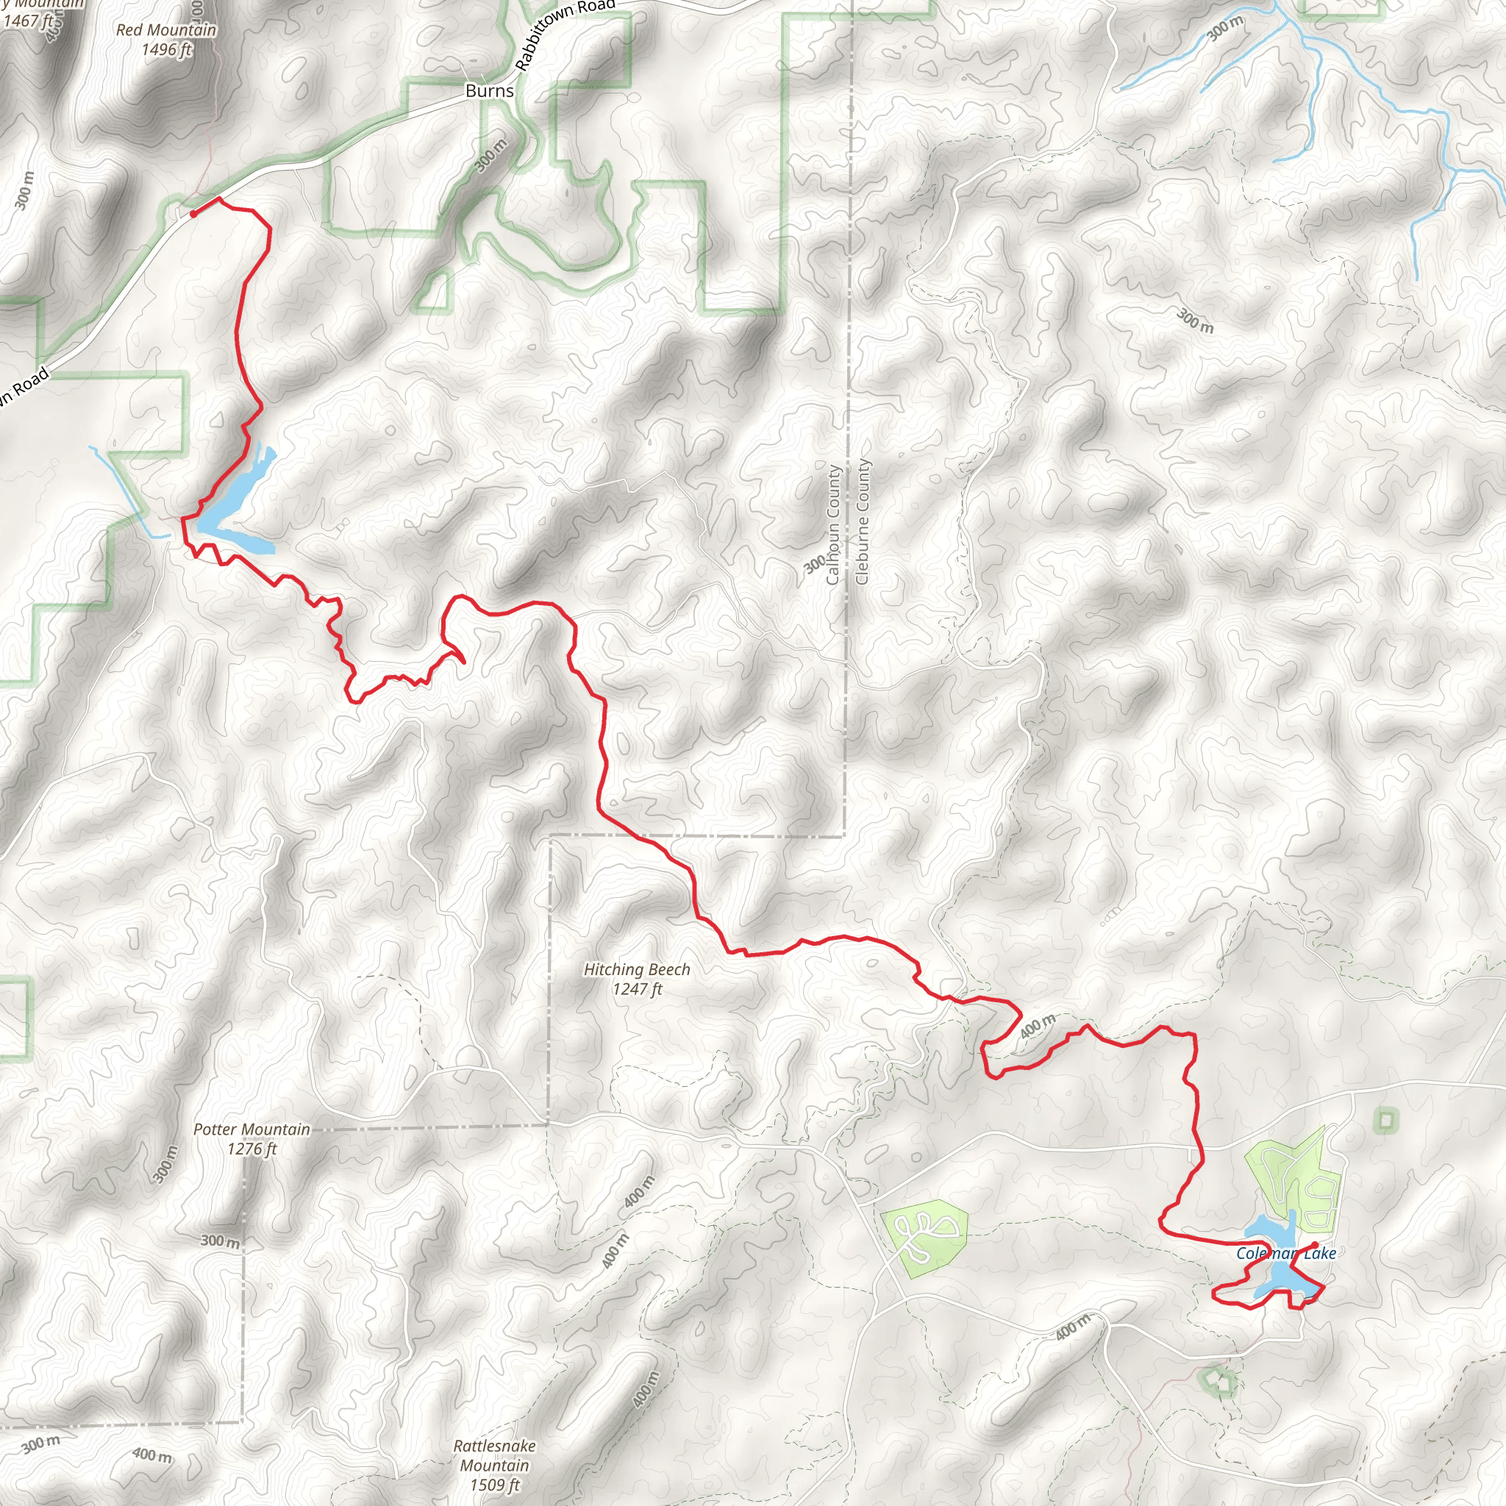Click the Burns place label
point(490,90)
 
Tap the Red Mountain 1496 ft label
point(166,40)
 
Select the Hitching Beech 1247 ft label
point(637,979)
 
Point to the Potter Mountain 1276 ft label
point(251,1139)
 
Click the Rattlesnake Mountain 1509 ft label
point(494,1465)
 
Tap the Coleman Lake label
point(1286,1254)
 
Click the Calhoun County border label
point(833,524)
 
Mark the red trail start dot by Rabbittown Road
point(193,213)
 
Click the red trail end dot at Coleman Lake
point(1315,1245)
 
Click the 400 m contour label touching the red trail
point(1038,1026)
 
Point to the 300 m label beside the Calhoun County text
point(815,563)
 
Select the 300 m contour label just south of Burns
point(490,154)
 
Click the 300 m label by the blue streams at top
point(1224,28)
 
